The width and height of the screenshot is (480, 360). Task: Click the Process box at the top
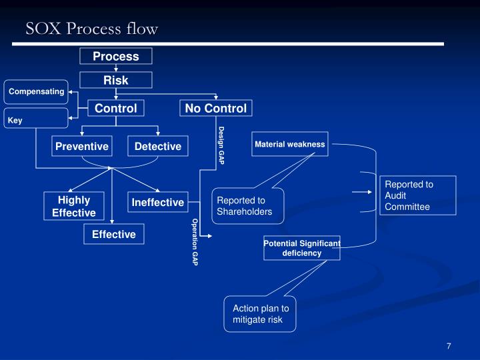coord(116,57)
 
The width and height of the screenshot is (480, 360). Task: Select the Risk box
coord(116,80)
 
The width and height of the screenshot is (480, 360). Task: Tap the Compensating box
coord(36,91)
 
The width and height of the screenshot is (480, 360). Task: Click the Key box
coord(36,120)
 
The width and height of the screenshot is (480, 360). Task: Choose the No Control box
coord(215,108)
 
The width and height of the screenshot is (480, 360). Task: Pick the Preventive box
coord(82,146)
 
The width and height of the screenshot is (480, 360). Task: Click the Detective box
coord(158,146)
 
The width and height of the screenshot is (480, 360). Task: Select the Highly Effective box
coord(73,206)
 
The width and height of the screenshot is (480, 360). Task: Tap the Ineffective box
coord(157,202)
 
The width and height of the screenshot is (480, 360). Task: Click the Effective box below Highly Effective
coord(114,234)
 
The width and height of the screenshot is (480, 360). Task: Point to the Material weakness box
coord(290,144)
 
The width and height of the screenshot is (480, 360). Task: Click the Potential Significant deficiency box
coord(302,248)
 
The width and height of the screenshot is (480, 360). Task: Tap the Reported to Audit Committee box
coord(419,195)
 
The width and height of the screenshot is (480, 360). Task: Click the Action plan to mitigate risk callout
coord(260,313)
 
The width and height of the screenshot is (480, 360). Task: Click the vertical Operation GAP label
coord(195,241)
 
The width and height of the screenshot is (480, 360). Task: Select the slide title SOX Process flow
coord(92,28)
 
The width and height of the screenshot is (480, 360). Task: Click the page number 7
coord(449,346)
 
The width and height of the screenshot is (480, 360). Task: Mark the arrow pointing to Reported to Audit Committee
coord(363,192)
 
